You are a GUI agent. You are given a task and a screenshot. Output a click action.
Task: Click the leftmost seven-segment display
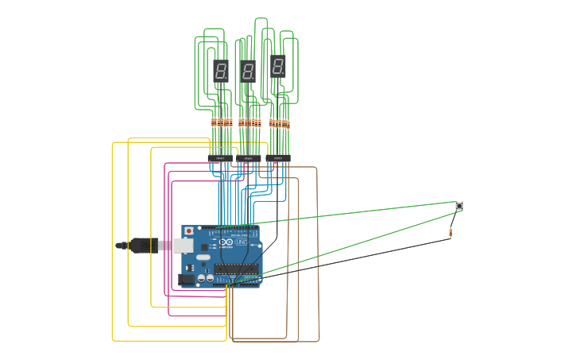click(221, 71)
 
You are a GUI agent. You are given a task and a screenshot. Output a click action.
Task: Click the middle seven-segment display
click(248, 72)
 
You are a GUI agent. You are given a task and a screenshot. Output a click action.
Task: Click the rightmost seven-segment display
click(277, 66)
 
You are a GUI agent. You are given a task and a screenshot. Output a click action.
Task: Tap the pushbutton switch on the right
click(459, 206)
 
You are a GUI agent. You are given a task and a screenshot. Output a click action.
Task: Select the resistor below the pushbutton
click(450, 232)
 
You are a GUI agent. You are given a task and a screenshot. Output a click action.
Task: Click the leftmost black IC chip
click(220, 159)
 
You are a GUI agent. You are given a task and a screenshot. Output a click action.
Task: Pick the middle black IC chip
click(248, 159)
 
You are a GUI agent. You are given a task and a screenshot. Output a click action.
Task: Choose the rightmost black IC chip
click(277, 159)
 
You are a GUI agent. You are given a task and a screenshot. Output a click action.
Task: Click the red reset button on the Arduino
click(188, 231)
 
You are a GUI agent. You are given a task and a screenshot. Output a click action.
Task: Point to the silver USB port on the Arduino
click(184, 246)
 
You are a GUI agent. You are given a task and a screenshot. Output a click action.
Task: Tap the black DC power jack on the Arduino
click(187, 279)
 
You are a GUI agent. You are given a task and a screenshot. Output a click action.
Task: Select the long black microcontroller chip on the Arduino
click(236, 269)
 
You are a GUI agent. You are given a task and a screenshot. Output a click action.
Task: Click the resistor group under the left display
click(221, 122)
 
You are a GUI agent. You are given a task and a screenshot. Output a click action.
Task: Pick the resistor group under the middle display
click(249, 122)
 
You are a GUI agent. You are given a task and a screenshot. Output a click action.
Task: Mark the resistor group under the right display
click(279, 123)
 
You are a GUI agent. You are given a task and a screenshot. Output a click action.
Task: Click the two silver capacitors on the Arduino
click(205, 278)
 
